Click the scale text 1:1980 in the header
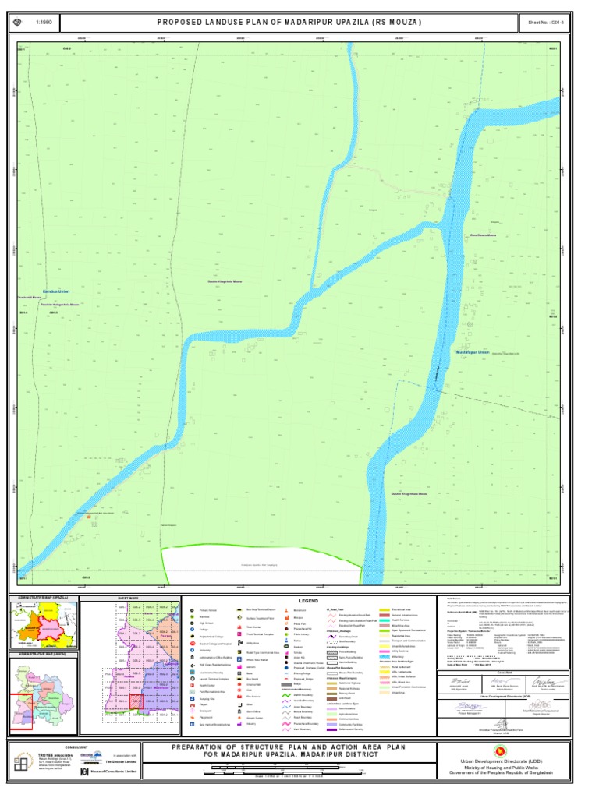[42, 23]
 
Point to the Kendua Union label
[56, 291]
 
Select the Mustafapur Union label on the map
[473, 352]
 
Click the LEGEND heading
[312, 601]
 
